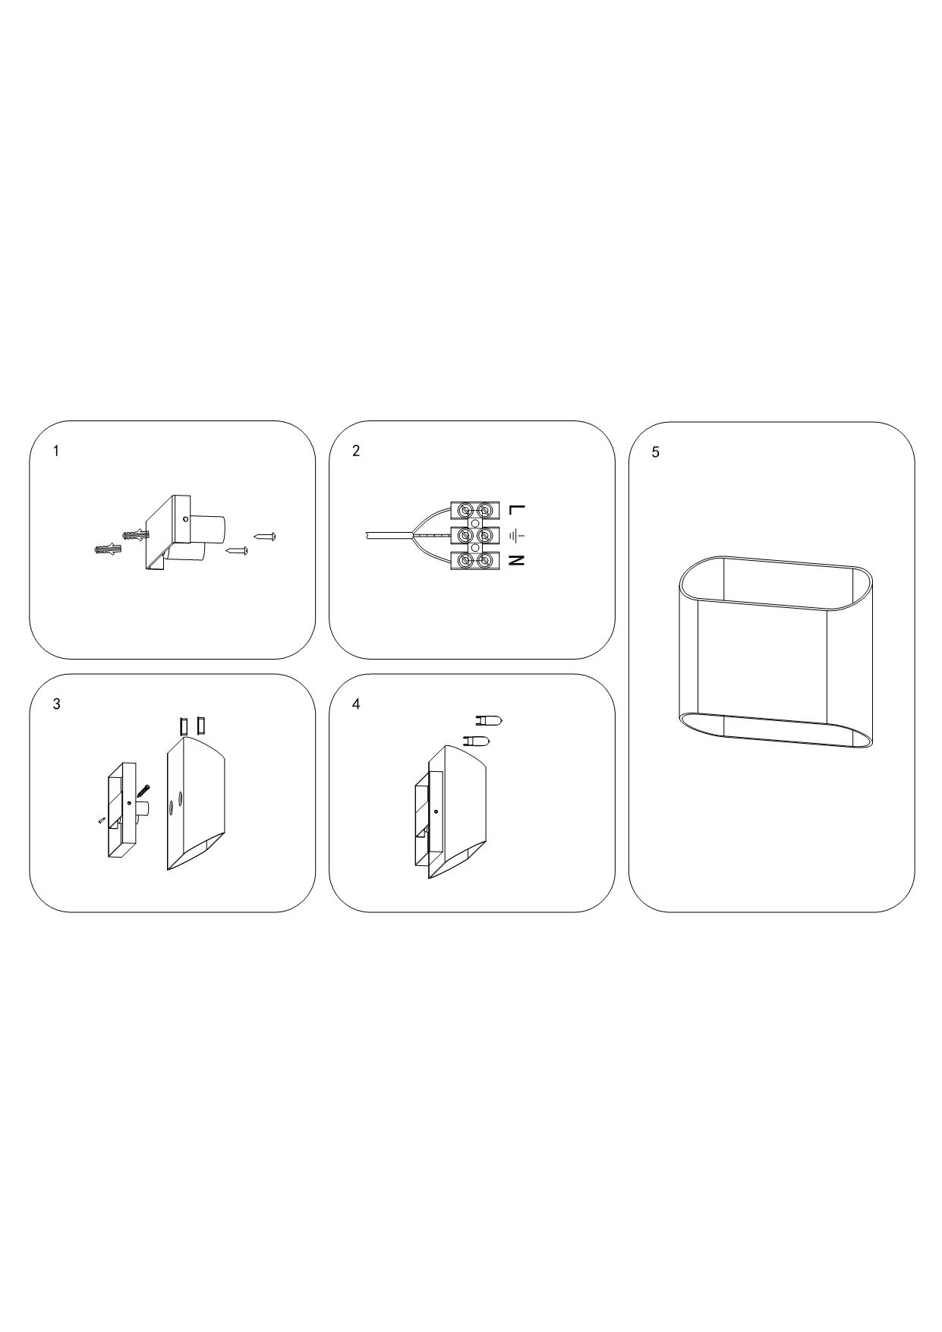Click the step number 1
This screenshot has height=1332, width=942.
tap(55, 451)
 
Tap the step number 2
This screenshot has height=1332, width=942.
tap(356, 451)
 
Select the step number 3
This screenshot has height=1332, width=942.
tap(56, 704)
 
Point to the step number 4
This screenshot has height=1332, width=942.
tap(356, 704)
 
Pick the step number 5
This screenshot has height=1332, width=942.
tap(656, 452)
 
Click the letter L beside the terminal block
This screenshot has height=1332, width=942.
tap(516, 509)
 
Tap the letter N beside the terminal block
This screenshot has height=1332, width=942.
tap(516, 561)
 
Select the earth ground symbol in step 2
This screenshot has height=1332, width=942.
tap(516, 536)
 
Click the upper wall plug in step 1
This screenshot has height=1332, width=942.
tap(135, 535)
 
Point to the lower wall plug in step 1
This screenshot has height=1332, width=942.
tap(109, 549)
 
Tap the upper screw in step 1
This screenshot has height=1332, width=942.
tap(264, 537)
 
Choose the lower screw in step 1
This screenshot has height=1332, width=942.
tap(238, 549)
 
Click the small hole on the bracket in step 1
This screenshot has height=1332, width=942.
tap(186, 520)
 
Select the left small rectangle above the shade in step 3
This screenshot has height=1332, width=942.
tap(184, 726)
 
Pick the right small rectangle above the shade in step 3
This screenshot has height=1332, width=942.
tap(200, 726)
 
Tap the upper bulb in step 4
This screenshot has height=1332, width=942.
tap(488, 720)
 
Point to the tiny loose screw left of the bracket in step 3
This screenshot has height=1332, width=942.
tap(101, 820)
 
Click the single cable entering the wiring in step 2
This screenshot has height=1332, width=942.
tap(388, 535)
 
